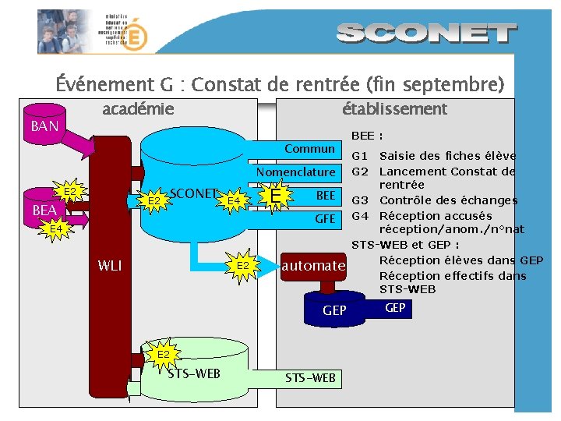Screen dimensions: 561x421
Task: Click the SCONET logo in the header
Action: point(427,33)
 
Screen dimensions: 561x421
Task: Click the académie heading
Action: point(138,109)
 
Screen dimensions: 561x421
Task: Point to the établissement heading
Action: point(394,109)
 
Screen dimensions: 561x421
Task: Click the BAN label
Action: point(44,126)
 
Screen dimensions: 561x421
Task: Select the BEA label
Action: point(44,210)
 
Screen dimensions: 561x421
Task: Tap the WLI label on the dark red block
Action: point(110,266)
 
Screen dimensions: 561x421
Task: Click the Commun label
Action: point(309,149)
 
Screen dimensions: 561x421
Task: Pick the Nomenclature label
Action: point(296,172)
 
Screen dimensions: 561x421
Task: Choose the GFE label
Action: point(325,219)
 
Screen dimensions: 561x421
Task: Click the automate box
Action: point(313,266)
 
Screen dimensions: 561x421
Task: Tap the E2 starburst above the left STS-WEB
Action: point(164,356)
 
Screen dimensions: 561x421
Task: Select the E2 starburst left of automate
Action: point(243,266)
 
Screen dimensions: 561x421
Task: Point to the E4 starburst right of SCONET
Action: point(233,202)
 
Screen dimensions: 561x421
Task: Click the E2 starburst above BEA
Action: point(69,192)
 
